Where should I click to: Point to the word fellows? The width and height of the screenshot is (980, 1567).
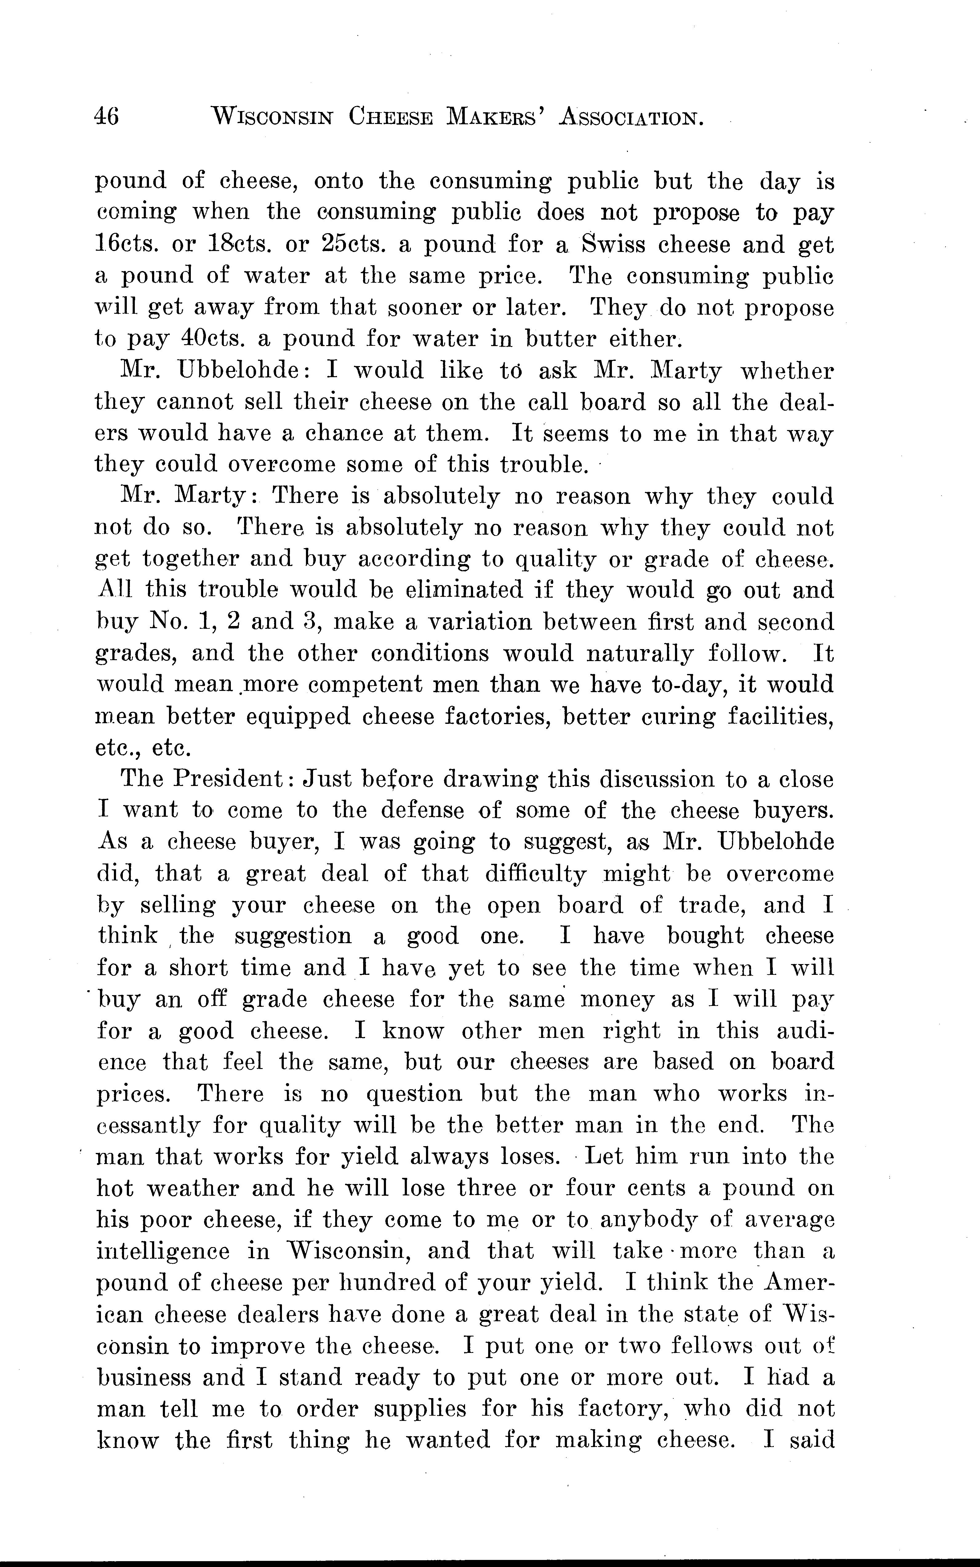click(x=712, y=1346)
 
